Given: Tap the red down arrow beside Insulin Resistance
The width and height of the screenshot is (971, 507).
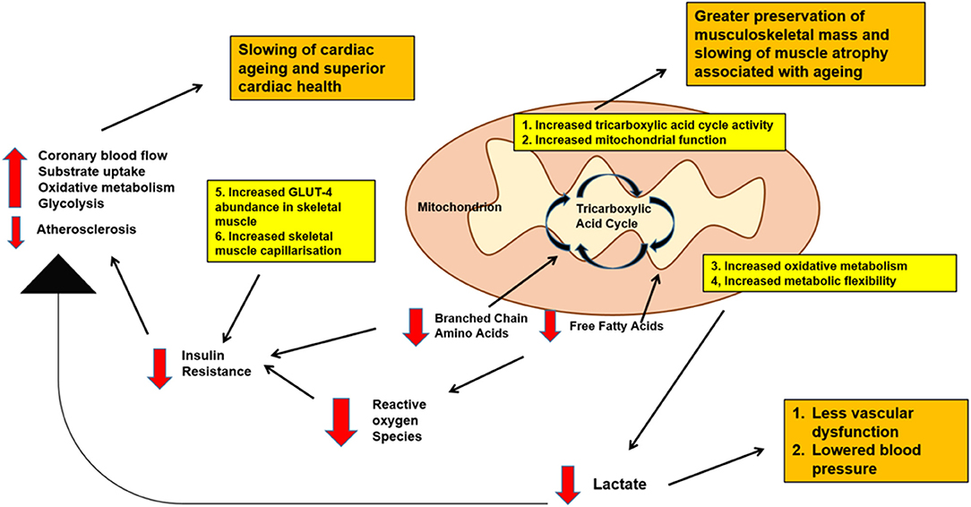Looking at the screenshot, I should click(159, 366).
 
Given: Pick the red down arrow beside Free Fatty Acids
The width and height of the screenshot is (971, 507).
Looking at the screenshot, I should click(550, 325).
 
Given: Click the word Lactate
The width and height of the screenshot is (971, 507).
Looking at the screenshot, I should click(619, 485).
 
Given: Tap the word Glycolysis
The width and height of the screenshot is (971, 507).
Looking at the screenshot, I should click(67, 205).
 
